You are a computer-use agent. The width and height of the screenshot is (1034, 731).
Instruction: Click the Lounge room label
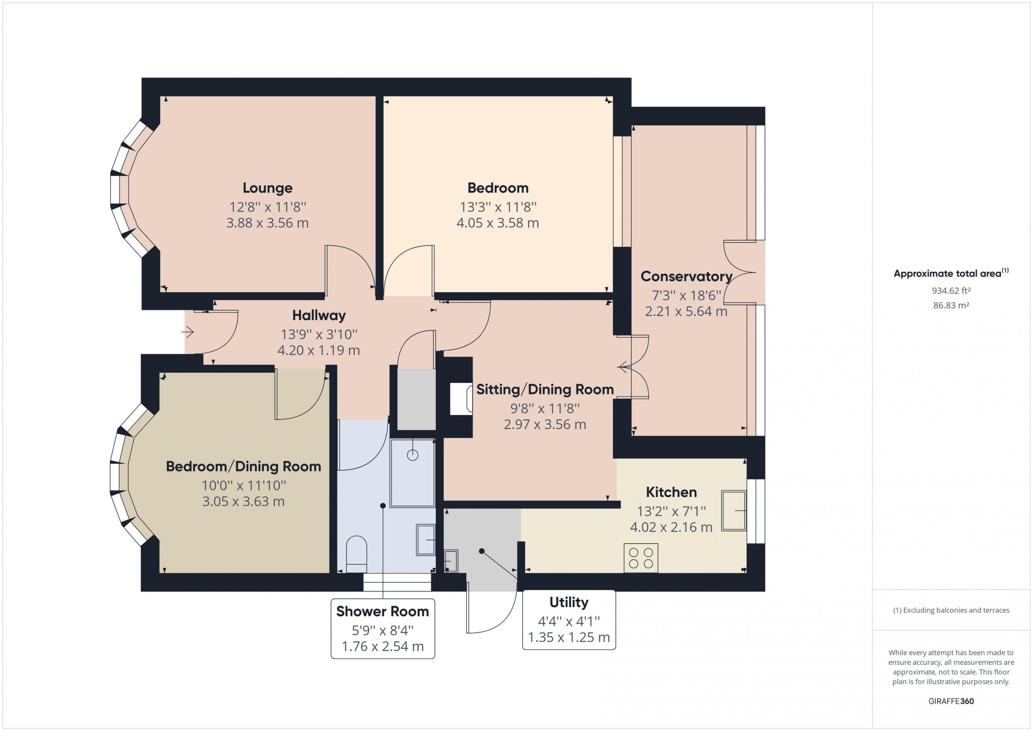267,188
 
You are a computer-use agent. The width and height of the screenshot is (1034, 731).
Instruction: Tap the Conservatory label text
686,276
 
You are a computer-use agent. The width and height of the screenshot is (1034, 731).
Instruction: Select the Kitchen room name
671,492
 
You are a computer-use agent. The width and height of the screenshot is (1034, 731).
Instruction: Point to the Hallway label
319,316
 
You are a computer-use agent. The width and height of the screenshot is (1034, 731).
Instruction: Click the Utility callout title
569,602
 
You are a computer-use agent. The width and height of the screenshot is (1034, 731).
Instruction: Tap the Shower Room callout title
383,611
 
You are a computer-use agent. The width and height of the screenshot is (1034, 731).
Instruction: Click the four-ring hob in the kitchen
641,558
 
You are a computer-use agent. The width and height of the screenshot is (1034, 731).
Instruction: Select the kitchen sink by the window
733,511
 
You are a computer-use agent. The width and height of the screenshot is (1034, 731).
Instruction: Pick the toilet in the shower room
356,554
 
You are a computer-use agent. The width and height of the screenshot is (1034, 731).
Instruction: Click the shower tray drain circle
412,455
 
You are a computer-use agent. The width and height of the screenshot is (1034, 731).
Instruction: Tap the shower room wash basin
426,540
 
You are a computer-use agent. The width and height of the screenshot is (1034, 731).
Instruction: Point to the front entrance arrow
187,333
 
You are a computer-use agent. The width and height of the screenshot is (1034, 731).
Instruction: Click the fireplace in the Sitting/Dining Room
461,398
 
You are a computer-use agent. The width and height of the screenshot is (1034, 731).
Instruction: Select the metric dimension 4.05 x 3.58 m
498,223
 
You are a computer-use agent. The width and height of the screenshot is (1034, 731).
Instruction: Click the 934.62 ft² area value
951,291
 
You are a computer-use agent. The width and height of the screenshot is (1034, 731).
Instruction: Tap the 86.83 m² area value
951,305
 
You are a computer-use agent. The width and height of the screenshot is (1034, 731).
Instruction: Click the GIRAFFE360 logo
951,701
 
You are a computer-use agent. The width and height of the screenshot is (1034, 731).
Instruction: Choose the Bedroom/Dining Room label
243,466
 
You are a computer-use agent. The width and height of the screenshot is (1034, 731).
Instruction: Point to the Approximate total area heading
951,273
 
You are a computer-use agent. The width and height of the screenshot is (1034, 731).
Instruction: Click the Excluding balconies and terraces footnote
951,610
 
